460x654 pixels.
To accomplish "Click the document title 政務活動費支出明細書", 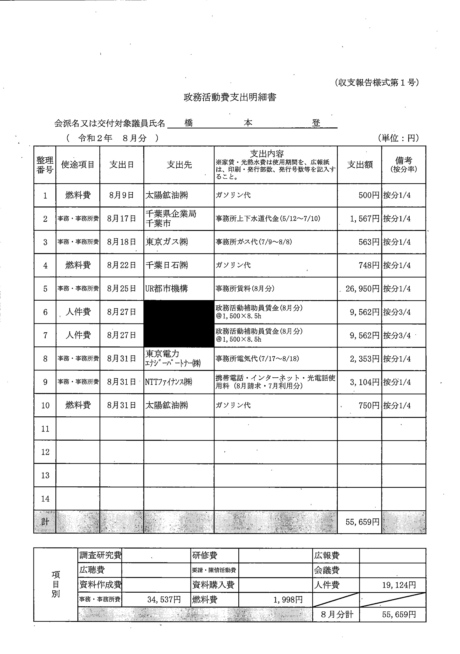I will click(230, 97).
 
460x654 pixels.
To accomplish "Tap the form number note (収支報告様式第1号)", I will click(377, 83).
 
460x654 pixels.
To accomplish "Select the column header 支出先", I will click(179, 165).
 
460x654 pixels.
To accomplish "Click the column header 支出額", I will click(359, 165).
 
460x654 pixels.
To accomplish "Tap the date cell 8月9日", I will click(121, 196).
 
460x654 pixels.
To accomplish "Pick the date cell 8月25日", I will click(121, 289).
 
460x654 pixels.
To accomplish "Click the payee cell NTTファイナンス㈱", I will click(168, 382).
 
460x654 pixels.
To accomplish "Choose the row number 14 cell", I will click(45, 499).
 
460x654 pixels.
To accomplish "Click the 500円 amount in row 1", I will click(369, 196).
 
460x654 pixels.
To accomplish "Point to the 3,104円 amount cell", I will click(364, 382).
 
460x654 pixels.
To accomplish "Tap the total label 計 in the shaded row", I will click(45, 522).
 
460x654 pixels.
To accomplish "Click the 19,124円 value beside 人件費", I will click(399, 585).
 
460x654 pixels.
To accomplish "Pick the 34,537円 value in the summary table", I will click(164, 600).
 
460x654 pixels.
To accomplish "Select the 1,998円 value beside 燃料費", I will click(288, 600).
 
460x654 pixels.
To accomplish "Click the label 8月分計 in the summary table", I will click(337, 614).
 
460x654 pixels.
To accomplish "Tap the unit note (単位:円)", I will click(398, 138).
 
